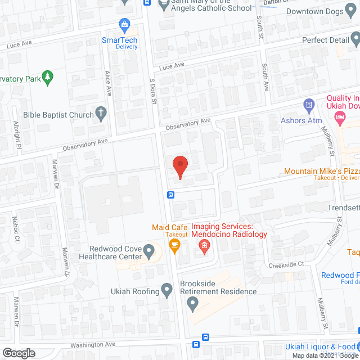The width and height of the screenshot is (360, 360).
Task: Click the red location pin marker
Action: (179, 166)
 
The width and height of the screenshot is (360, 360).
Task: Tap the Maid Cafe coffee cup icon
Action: (174, 245)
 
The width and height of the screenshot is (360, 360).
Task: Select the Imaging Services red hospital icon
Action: (204, 245)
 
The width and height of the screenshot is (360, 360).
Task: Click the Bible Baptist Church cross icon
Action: (101, 114)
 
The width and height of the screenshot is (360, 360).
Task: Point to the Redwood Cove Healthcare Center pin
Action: (149, 249)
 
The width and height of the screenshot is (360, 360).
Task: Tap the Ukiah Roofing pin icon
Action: (166, 290)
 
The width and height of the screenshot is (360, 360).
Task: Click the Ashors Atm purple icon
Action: (308, 105)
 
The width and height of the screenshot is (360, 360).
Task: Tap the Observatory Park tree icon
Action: (49, 78)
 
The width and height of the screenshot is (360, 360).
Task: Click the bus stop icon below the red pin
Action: (170, 195)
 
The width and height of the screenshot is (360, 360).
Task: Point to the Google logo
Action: (18, 353)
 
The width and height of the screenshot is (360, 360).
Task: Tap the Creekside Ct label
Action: (286, 264)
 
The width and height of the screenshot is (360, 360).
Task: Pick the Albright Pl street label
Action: (17, 134)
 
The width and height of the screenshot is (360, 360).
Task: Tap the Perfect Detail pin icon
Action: (355, 39)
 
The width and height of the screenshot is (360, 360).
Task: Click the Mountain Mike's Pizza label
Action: (321, 170)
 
